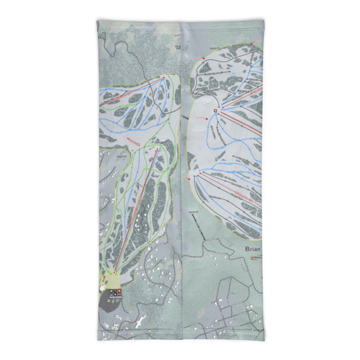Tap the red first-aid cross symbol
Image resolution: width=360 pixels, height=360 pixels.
216,111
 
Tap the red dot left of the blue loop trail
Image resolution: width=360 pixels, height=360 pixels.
207,119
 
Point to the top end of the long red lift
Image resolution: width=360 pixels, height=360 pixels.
159,148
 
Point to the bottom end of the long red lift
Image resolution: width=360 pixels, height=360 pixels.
115,272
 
